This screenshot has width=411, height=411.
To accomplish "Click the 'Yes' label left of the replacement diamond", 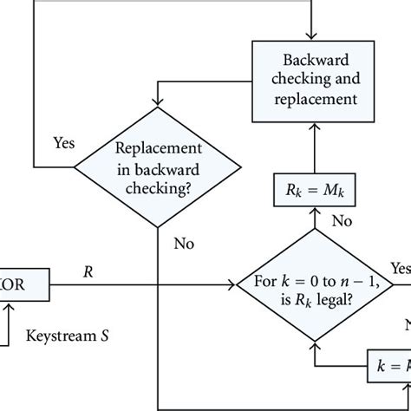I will coord(63,140).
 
